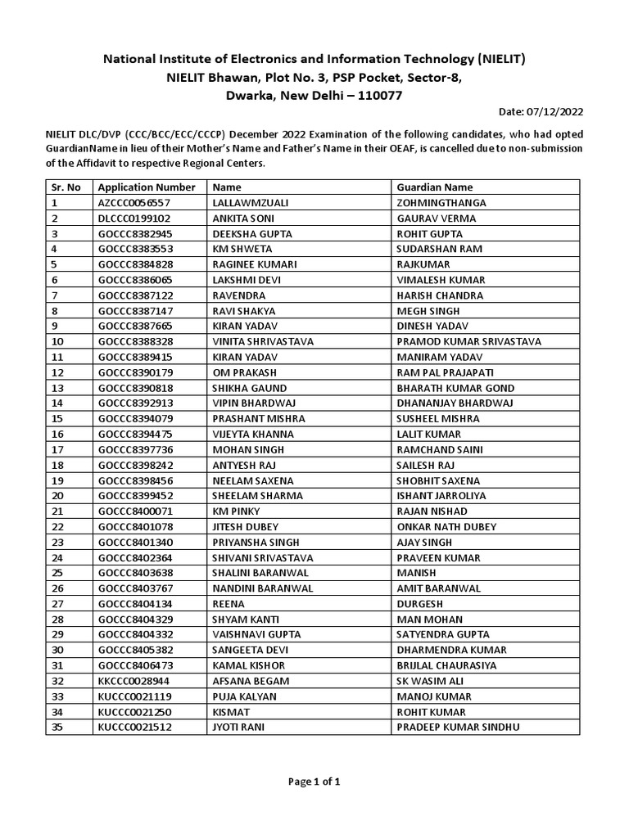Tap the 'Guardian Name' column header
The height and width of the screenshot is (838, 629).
[434, 187]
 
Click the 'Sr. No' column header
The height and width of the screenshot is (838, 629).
[66, 187]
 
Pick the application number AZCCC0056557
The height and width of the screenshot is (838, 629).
[134, 203]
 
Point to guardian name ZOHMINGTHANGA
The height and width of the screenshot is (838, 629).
[441, 203]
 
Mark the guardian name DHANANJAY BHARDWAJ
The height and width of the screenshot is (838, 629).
[455, 403]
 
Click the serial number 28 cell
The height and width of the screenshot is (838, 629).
[57, 619]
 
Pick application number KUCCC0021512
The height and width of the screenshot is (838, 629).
[134, 727]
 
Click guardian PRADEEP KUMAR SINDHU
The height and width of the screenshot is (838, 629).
[458, 727]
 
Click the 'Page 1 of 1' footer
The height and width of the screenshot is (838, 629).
[314, 782]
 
